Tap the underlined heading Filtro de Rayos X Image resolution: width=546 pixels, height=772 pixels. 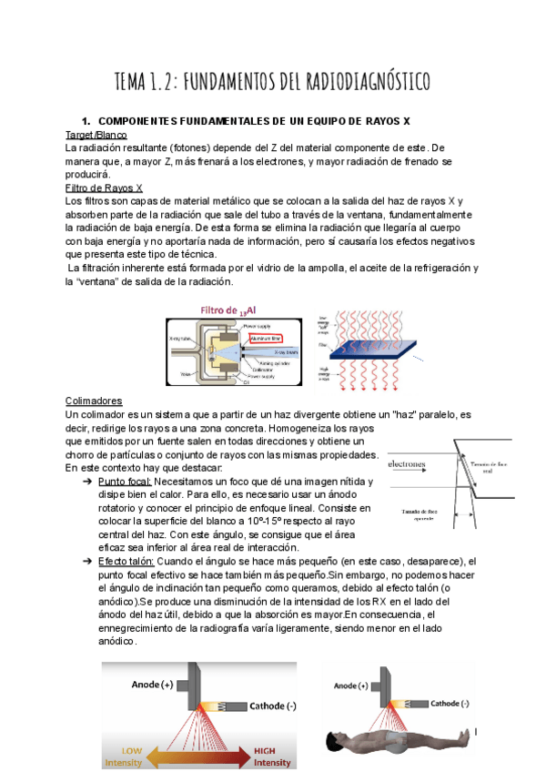[x=105, y=187]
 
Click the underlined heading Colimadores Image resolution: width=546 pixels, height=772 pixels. [x=94, y=401]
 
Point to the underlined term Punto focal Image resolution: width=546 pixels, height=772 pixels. [x=125, y=481]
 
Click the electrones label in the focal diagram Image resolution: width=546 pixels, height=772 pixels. [x=407, y=463]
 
